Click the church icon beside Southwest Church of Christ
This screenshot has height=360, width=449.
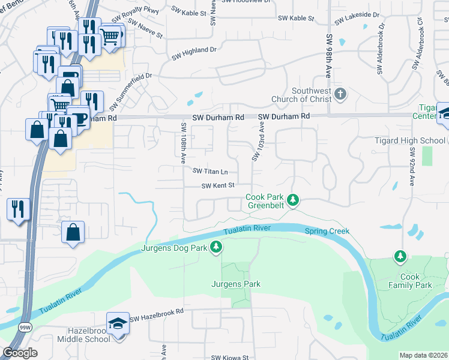click(340, 94)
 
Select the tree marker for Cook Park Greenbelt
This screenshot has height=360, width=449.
click(292, 200)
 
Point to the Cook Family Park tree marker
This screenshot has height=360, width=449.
click(400, 257)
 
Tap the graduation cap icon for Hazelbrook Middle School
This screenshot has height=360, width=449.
click(118, 323)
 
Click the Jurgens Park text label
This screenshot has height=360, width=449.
click(235, 283)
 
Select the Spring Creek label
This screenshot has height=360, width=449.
click(327, 231)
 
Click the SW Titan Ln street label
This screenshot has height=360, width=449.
click(210, 171)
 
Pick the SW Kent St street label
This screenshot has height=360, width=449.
click(217, 186)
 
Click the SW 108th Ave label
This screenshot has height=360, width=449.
click(182, 143)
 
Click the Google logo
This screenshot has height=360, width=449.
click(20, 352)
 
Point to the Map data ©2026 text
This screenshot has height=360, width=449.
click(423, 355)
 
